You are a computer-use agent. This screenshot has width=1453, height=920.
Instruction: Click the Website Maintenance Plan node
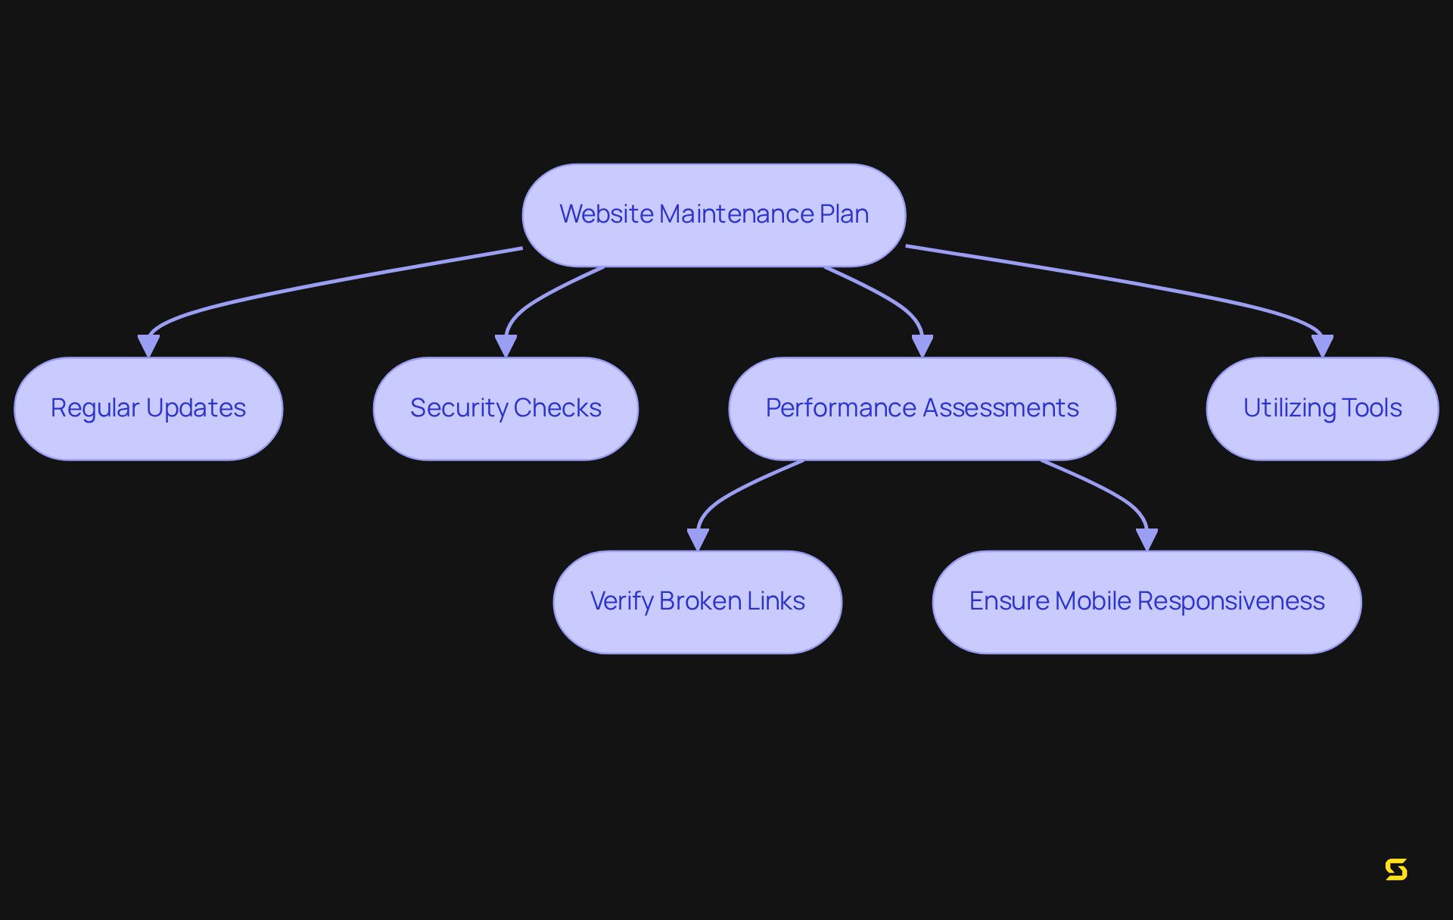pyautogui.click(x=714, y=215)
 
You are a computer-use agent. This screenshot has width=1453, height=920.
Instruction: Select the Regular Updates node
pyautogui.click(x=148, y=409)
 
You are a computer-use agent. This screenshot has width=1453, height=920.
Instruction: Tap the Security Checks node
pyautogui.click(x=506, y=409)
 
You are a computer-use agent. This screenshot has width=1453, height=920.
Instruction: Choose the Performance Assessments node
pyautogui.click(x=922, y=409)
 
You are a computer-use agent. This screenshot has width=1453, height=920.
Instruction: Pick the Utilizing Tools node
pyautogui.click(x=1322, y=409)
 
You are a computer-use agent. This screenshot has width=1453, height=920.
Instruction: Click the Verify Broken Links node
pyautogui.click(x=697, y=602)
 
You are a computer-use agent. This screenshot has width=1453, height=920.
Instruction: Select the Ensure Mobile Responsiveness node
pyautogui.click(x=1147, y=602)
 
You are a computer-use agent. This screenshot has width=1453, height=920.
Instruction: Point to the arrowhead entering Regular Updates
pyautogui.click(x=148, y=347)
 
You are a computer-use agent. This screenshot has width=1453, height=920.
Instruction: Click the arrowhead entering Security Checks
pyautogui.click(x=506, y=347)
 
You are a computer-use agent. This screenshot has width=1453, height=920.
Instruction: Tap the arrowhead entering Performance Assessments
pyautogui.click(x=922, y=347)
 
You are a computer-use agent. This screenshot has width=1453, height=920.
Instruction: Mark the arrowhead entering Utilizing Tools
pyautogui.click(x=1322, y=347)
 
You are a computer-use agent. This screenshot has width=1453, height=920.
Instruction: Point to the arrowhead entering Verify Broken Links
pyautogui.click(x=698, y=540)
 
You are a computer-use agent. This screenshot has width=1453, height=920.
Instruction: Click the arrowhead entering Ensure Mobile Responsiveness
pyautogui.click(x=1147, y=540)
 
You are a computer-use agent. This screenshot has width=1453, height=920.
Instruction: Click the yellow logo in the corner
pyautogui.click(x=1396, y=869)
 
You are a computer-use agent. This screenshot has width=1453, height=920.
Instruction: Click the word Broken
pyautogui.click(x=700, y=601)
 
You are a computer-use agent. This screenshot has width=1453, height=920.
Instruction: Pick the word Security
pyautogui.click(x=459, y=408)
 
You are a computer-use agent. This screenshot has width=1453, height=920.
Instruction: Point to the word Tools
pyautogui.click(x=1371, y=408)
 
